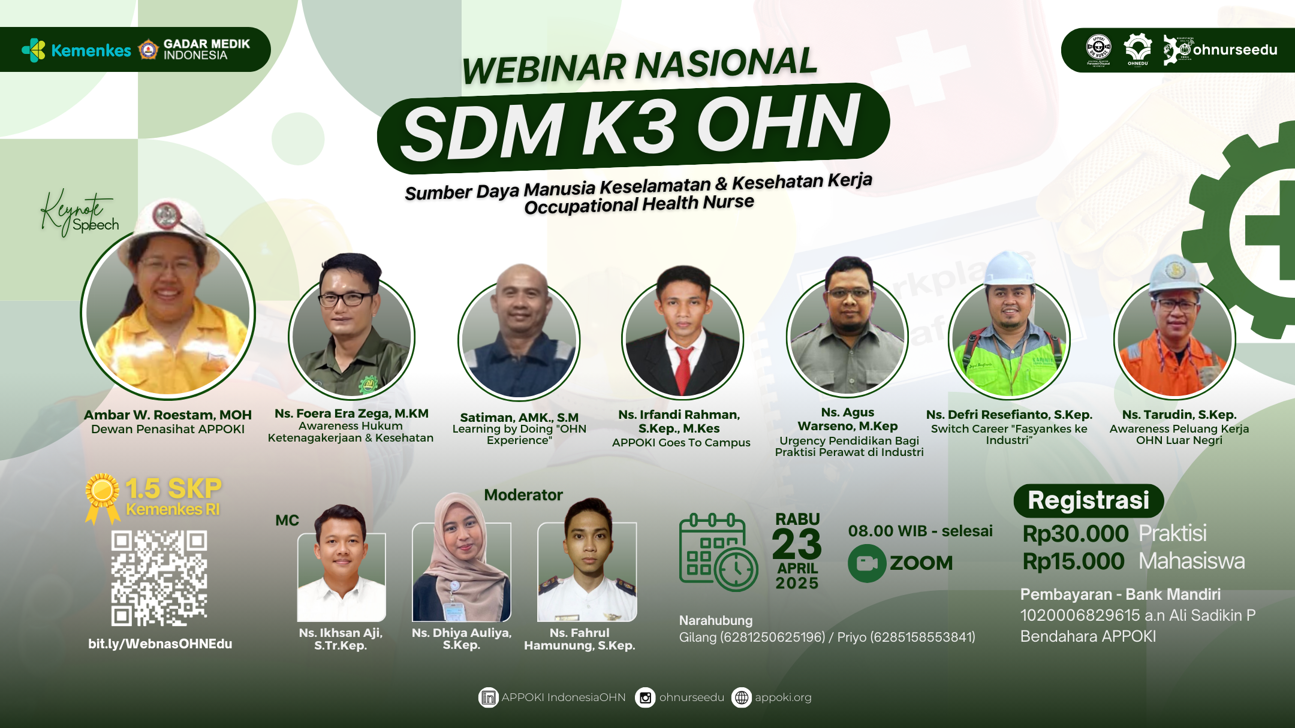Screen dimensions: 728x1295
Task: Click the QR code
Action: pyautogui.click(x=159, y=578)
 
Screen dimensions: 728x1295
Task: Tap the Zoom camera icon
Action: pyautogui.click(x=866, y=563)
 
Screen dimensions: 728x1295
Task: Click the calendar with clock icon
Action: pyautogui.click(x=718, y=552)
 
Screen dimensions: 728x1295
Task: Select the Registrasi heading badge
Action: pyautogui.click(x=1088, y=501)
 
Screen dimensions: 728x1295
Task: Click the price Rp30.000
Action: pyautogui.click(x=1075, y=533)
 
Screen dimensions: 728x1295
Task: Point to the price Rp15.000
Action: pyautogui.click(x=1073, y=561)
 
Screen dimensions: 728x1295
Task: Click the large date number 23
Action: pyautogui.click(x=796, y=544)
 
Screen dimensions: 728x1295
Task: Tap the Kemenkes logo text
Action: pyautogui.click(x=91, y=50)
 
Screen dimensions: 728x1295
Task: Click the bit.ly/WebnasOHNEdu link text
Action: pyautogui.click(x=160, y=644)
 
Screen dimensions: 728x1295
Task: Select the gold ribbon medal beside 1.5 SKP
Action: pyautogui.click(x=103, y=496)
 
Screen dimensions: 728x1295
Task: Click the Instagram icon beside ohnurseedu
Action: pyautogui.click(x=645, y=697)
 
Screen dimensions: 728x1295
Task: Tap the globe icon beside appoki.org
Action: pyautogui.click(x=742, y=697)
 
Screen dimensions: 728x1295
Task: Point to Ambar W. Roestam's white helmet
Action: pyautogui.click(x=169, y=222)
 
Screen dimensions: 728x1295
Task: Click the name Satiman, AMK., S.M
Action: pyautogui.click(x=519, y=417)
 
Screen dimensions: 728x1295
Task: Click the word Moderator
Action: pyautogui.click(x=523, y=495)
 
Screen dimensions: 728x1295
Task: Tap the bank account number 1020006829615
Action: pyautogui.click(x=1080, y=615)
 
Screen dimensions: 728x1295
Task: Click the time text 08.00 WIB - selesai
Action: pyautogui.click(x=920, y=531)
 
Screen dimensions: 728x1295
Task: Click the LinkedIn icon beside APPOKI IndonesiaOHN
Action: pyautogui.click(x=489, y=697)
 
